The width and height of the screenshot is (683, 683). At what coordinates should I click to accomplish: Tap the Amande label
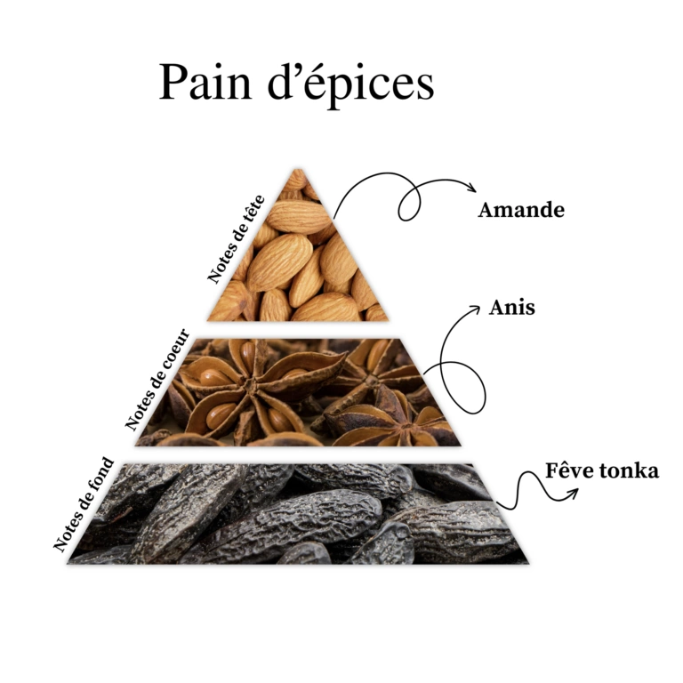click(x=521, y=211)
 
